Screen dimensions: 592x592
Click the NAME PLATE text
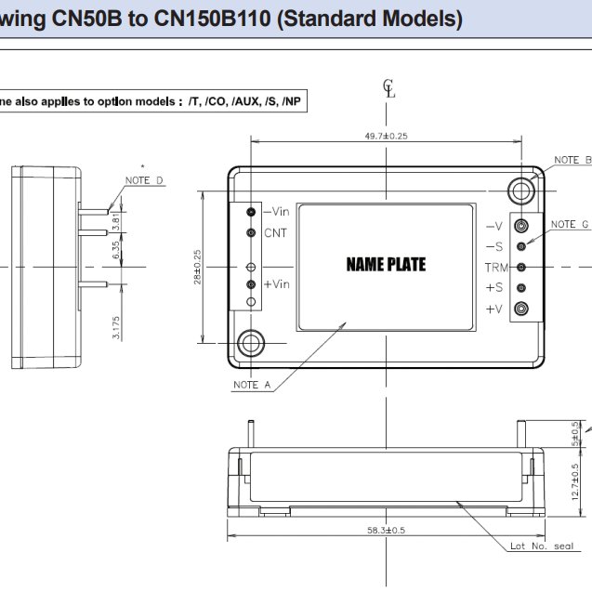point(386,265)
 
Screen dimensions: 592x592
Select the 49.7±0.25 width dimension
point(386,136)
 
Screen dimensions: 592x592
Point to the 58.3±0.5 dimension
point(386,530)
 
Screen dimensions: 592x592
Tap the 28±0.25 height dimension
point(197,267)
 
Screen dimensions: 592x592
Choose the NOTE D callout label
point(145,180)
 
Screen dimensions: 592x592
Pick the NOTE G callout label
point(569,224)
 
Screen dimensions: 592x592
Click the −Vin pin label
point(276,212)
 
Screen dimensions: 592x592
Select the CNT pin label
point(275,232)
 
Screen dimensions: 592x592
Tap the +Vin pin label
point(276,284)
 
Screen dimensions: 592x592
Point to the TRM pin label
point(495,268)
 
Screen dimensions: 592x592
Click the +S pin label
point(493,288)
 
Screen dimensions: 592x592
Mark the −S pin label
point(493,246)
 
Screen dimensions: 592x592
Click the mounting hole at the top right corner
point(521,189)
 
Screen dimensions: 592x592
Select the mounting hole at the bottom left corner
point(251,343)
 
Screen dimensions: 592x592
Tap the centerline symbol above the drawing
point(389,89)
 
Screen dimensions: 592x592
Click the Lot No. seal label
point(542,546)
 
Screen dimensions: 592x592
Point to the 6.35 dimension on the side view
point(116,249)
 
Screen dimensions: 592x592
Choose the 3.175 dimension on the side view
point(116,326)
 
